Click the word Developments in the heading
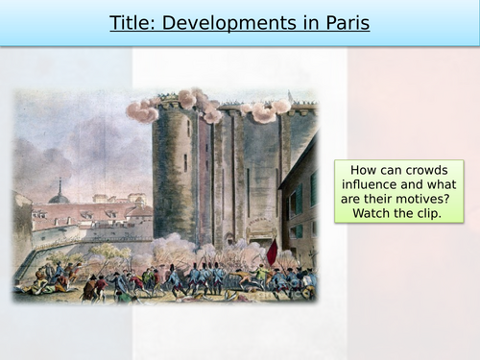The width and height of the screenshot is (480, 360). (225, 23)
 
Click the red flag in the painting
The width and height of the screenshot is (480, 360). (272, 252)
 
